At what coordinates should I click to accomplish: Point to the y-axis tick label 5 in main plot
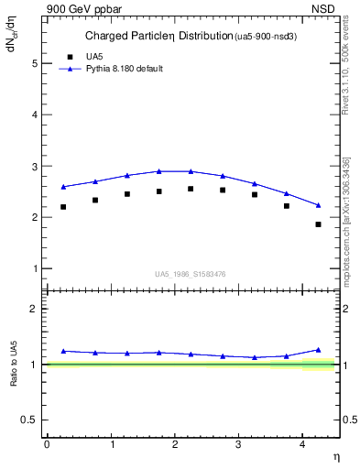(35, 63)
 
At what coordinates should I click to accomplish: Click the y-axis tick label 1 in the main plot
(35, 268)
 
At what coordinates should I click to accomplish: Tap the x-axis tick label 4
(302, 444)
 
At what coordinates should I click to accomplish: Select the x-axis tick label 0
(47, 444)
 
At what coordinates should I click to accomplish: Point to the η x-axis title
(336, 455)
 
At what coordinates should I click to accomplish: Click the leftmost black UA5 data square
(63, 207)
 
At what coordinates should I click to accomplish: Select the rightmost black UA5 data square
(319, 224)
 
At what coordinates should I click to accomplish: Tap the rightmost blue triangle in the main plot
(319, 205)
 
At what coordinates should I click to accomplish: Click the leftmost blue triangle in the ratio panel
(63, 351)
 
